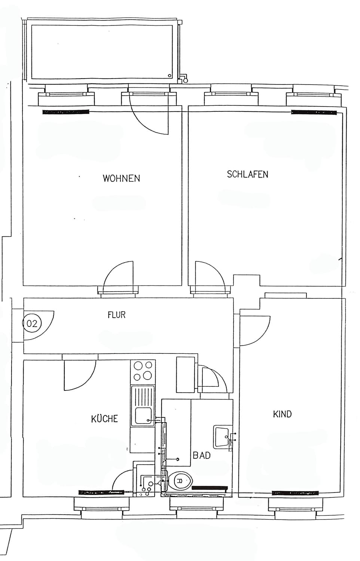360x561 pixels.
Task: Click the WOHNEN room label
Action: point(121,178)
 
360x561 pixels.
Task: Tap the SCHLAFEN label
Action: point(247,174)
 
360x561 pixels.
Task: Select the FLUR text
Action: point(116,315)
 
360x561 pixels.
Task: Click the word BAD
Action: point(202,455)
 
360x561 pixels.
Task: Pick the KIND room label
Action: point(282,414)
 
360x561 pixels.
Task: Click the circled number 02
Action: point(32,324)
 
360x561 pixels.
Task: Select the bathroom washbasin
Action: point(221,436)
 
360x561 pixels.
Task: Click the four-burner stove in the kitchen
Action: point(143,372)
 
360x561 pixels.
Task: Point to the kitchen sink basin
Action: point(143,415)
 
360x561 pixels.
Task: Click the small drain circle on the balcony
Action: point(170,76)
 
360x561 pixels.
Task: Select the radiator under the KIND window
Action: point(295,493)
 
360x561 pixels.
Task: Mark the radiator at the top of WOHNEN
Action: point(66,112)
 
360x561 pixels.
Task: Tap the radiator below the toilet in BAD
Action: point(210,488)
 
